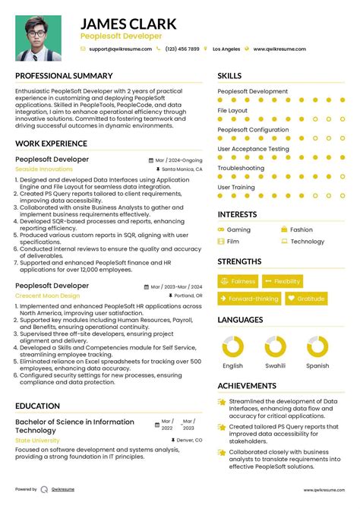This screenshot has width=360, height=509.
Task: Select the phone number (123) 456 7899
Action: [182, 49]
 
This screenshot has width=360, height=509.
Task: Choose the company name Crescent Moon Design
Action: [47, 295]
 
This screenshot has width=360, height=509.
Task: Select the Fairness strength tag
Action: [239, 281]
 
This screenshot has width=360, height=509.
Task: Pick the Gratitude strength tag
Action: [306, 299]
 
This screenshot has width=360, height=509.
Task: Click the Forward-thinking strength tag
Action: [249, 299]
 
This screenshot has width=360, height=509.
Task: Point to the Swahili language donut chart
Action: [275, 347]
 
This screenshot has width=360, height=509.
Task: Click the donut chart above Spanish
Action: [317, 347]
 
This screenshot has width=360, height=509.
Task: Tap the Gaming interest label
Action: [238, 229]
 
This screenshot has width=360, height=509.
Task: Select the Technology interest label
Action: [307, 242]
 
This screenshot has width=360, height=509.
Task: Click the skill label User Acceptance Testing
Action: [253, 149]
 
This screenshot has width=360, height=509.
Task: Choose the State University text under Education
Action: [37, 440]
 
